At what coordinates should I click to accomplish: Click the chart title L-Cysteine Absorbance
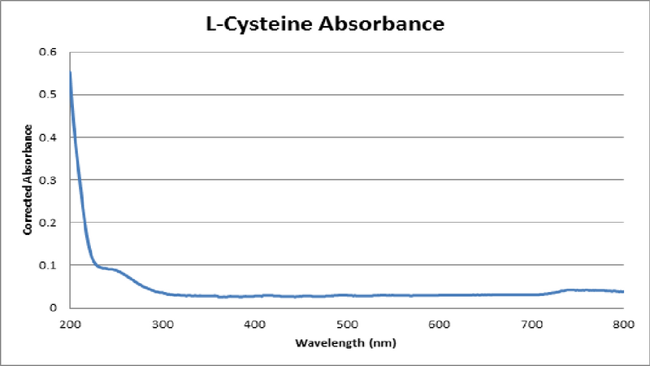pyautogui.click(x=324, y=24)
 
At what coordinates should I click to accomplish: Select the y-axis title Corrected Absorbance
pyautogui.click(x=28, y=180)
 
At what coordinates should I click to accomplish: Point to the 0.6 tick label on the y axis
pyautogui.click(x=50, y=52)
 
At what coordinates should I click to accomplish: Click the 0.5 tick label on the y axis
pyautogui.click(x=50, y=94)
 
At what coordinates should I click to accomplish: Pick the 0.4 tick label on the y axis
pyautogui.click(x=50, y=137)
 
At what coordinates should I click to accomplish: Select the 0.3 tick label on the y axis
pyautogui.click(x=50, y=180)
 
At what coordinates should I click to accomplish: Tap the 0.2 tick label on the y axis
pyautogui.click(x=50, y=222)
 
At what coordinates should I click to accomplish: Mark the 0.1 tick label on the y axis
pyautogui.click(x=50, y=265)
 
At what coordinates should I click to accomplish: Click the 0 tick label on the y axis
pyautogui.click(x=54, y=307)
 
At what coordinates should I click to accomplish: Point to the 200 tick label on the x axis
pyautogui.click(x=70, y=324)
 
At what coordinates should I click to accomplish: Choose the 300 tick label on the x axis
pyautogui.click(x=162, y=324)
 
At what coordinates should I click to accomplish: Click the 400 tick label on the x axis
pyautogui.click(x=254, y=324)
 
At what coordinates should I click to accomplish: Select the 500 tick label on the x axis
pyautogui.click(x=346, y=324)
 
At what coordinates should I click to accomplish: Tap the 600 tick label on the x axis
pyautogui.click(x=439, y=324)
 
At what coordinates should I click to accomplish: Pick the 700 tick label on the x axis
pyautogui.click(x=531, y=324)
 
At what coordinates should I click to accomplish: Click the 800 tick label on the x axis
pyautogui.click(x=622, y=324)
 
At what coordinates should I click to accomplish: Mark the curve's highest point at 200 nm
pyautogui.click(x=71, y=73)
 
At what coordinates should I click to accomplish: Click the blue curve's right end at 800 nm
pyautogui.click(x=622, y=291)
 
